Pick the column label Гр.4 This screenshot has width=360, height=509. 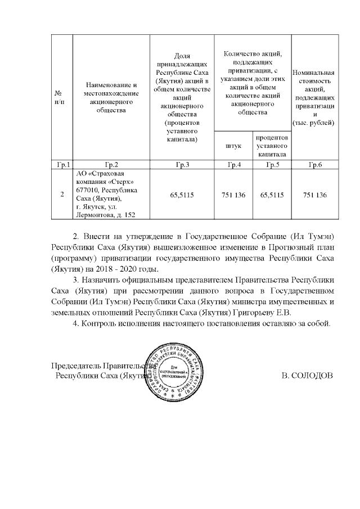[234, 165]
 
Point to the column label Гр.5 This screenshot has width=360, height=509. [272, 165]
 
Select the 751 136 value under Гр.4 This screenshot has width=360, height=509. [234, 195]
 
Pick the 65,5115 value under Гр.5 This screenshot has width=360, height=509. [272, 195]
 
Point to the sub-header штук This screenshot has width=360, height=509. [234, 146]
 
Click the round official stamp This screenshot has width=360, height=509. [174, 373]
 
